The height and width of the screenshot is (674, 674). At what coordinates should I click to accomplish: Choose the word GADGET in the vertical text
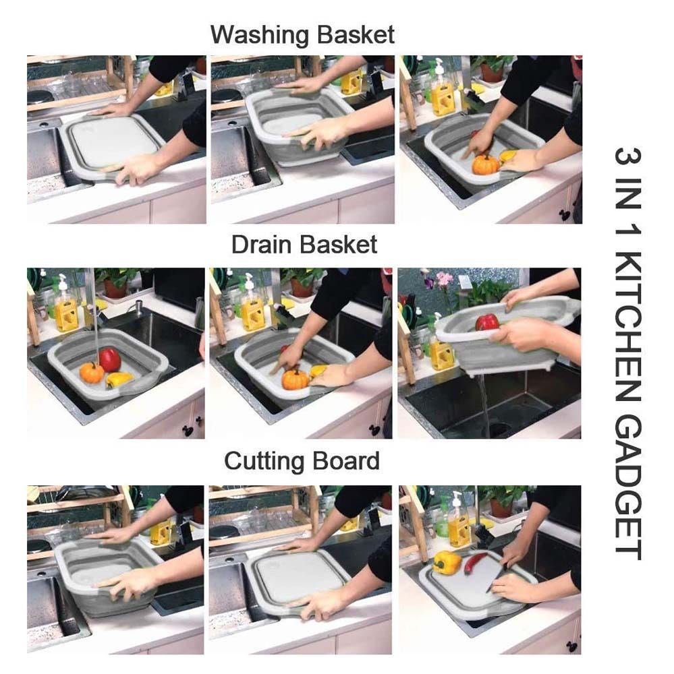coord(628,487)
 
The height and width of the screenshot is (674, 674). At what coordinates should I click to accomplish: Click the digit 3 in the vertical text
coord(628,156)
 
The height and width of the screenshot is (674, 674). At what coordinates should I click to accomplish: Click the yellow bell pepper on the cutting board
coord(447,561)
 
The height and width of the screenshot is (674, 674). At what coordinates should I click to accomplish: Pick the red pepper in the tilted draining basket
coord(487,322)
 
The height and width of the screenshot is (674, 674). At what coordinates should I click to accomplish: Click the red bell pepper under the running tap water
coord(109,359)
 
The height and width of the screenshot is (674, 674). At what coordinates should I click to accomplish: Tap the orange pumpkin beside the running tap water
coord(92,373)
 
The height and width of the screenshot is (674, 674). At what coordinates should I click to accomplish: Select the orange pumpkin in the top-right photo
coord(486,164)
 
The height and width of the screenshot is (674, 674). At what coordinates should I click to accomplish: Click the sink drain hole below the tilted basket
coord(501,428)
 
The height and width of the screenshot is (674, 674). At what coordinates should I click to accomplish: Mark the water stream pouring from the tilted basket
coord(483,400)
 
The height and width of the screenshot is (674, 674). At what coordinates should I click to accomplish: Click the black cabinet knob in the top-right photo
coord(565,215)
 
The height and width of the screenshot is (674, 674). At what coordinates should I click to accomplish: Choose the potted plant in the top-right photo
coord(490,68)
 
